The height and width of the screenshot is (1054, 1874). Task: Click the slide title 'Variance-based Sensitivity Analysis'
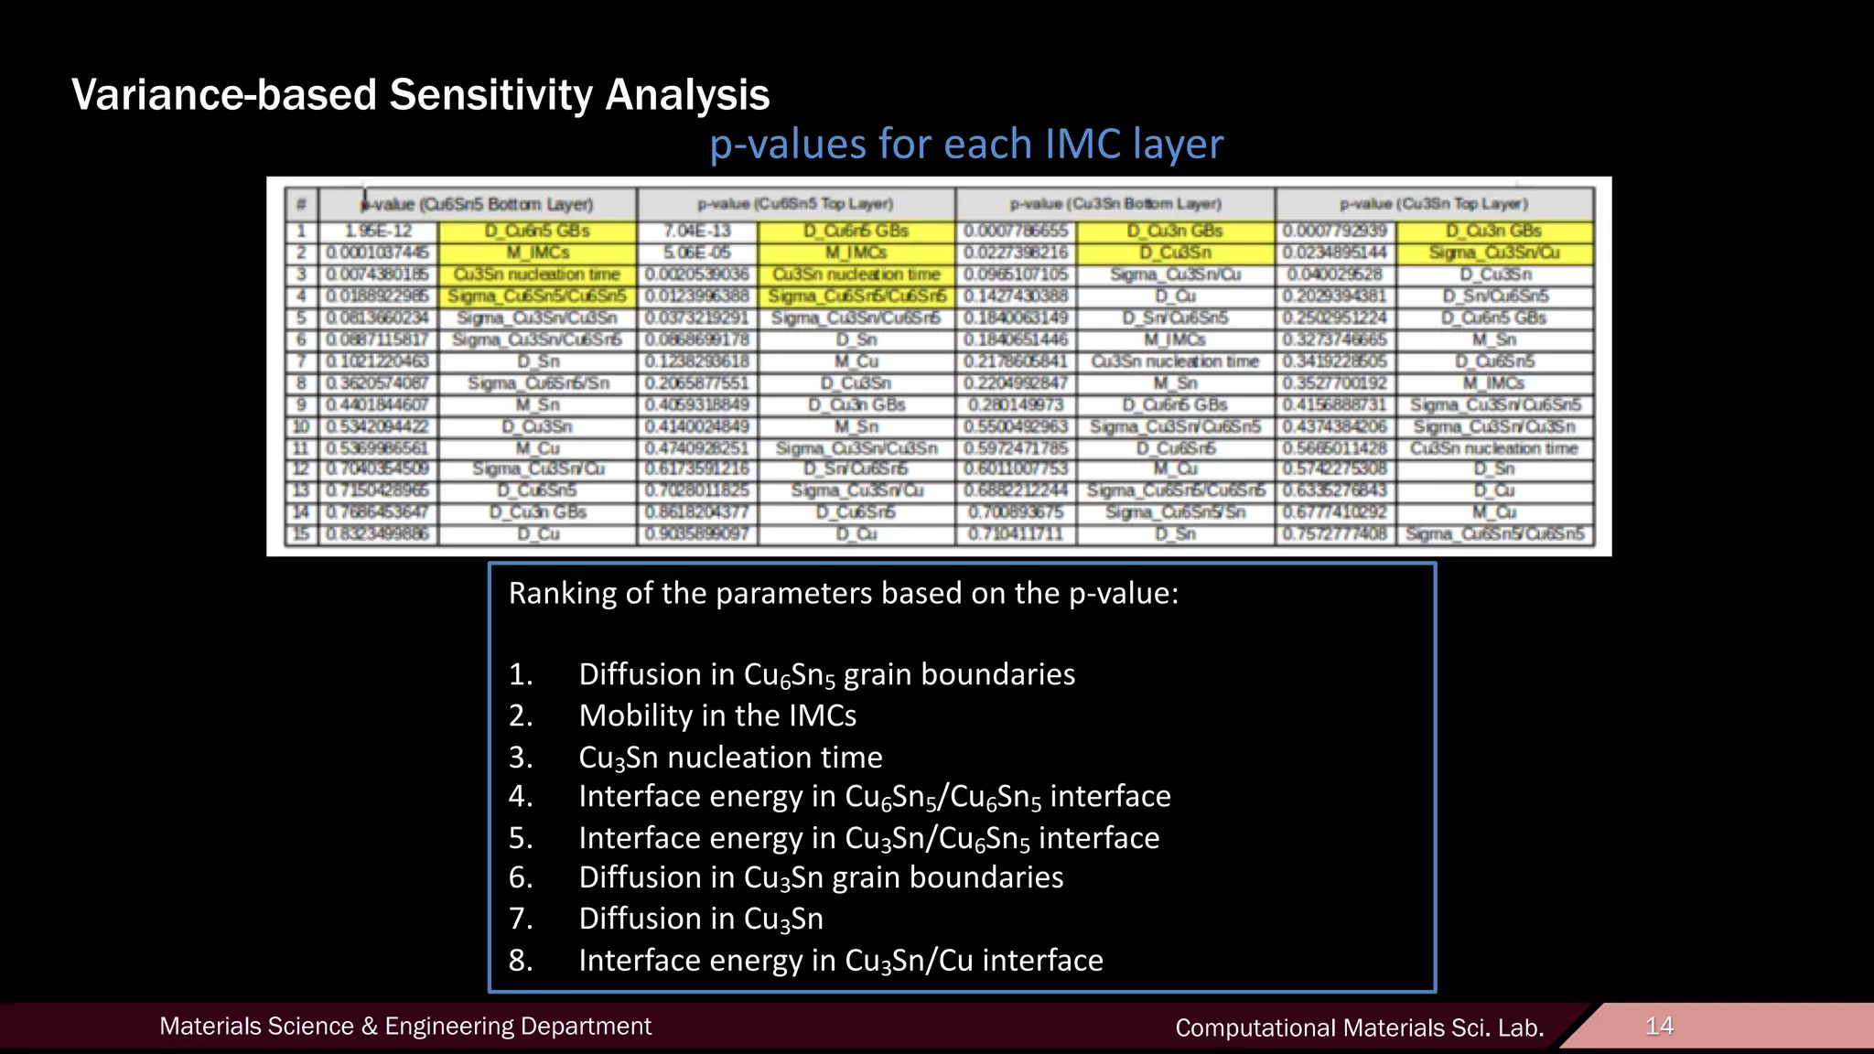[420, 95]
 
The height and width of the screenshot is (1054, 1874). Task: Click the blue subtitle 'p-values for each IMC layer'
[966, 145]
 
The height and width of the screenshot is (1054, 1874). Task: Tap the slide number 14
[1659, 1026]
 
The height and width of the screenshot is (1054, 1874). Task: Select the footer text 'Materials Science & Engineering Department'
[405, 1027]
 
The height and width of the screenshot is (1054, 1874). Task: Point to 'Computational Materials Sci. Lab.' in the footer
[1359, 1028]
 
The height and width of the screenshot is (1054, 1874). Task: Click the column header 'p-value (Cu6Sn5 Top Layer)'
[795, 204]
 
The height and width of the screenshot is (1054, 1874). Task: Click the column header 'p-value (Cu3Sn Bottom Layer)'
[1115, 204]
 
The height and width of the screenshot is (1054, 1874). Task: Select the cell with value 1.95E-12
[378, 231]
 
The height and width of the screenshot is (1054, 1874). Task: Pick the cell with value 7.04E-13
[697, 231]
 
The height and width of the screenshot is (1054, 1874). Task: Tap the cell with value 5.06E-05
[697, 253]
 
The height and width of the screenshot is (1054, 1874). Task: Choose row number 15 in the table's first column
[300, 533]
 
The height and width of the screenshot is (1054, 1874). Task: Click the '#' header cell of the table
[300, 204]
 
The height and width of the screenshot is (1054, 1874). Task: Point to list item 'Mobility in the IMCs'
[717, 715]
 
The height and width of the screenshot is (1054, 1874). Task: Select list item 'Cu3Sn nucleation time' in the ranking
[730, 758]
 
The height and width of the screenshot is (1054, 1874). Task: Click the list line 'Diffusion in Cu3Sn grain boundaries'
[821, 877]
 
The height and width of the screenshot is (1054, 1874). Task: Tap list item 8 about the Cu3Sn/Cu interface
[840, 961]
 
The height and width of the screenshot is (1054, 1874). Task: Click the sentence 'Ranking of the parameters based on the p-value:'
[843, 594]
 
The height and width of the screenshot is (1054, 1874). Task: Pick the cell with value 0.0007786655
[1016, 231]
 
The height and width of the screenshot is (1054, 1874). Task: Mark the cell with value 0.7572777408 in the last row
[1334, 533]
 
